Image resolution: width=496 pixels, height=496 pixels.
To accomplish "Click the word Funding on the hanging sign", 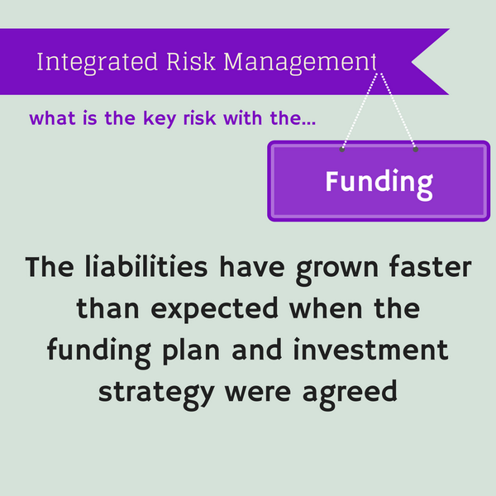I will click(x=379, y=182).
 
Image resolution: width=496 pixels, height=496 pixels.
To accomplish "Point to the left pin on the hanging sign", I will click(x=342, y=150).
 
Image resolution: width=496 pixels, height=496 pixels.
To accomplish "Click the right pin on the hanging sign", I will click(x=415, y=150).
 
